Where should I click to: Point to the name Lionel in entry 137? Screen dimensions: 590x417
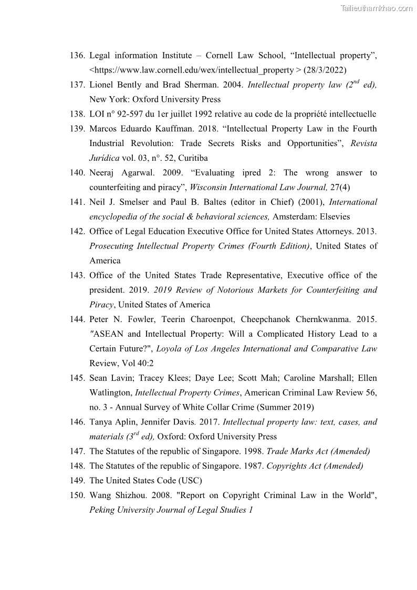(101, 85)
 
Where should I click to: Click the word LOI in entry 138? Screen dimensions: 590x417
(98, 114)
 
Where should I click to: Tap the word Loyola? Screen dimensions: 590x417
(170, 349)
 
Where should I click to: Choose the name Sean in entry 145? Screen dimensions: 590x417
(98, 378)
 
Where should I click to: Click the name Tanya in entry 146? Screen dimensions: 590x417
(101, 422)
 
